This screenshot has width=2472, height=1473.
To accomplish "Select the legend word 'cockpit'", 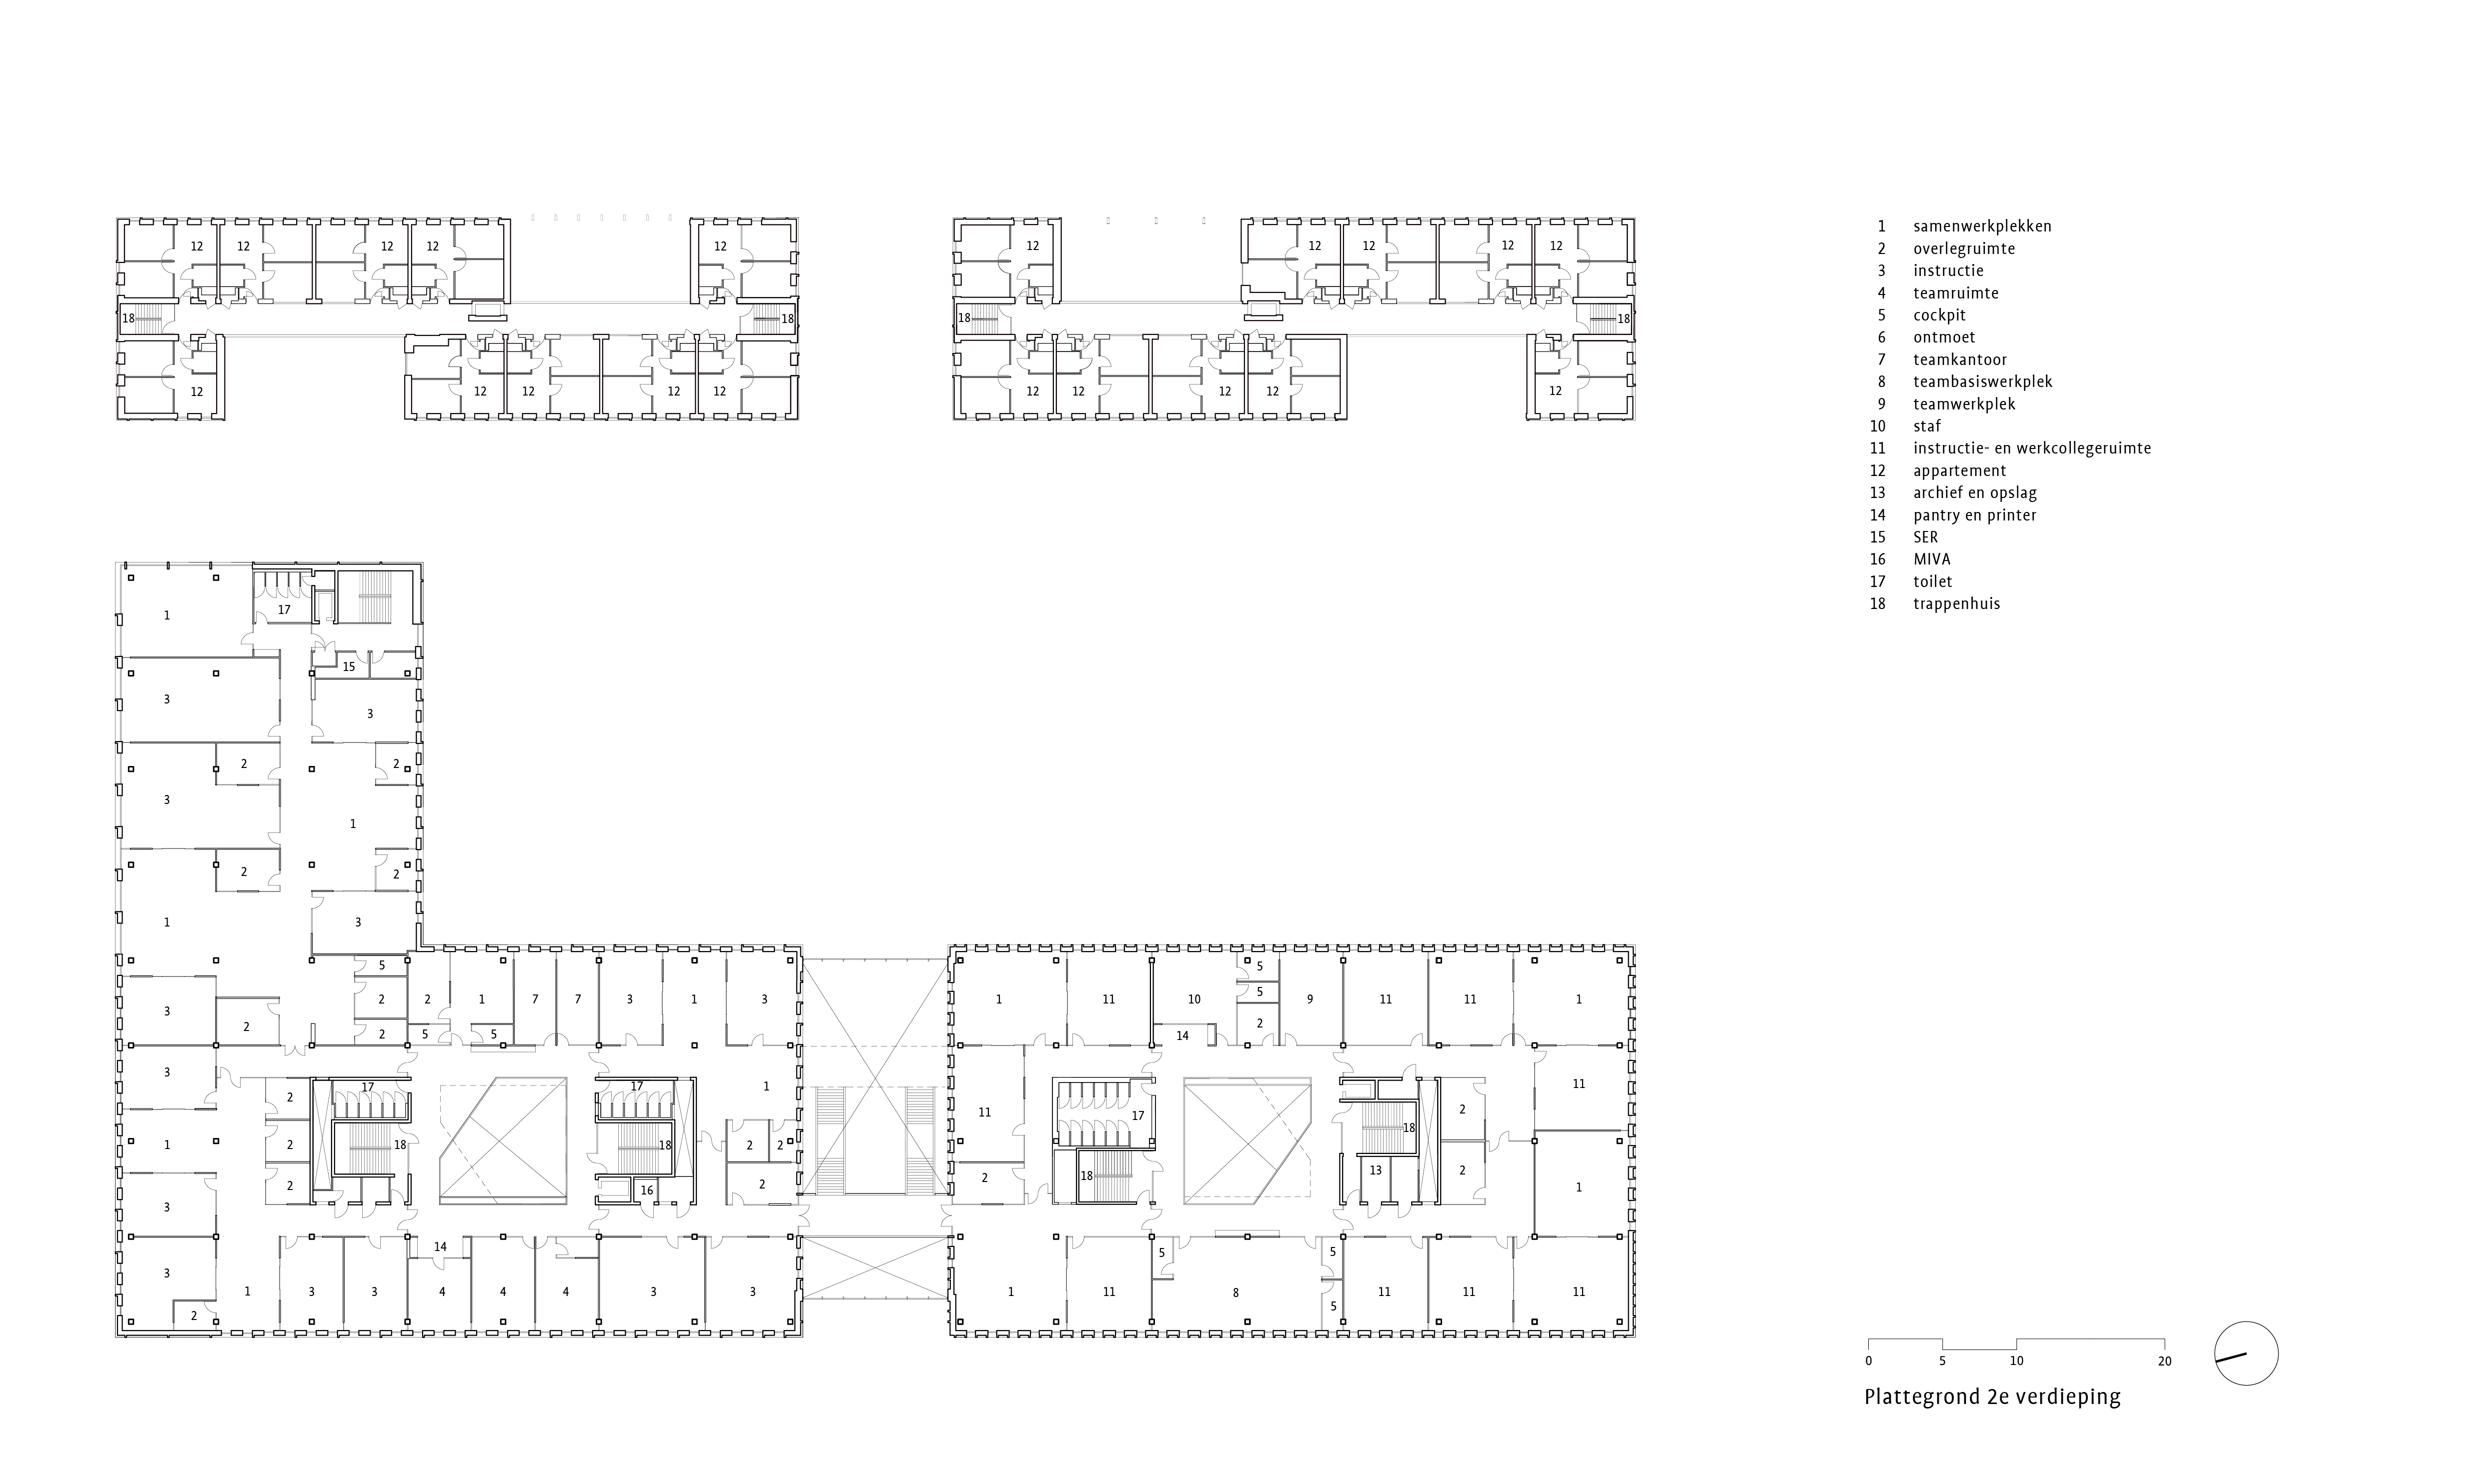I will [x=1939, y=315].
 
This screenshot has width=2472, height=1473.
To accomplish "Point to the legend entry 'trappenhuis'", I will [x=1956, y=603].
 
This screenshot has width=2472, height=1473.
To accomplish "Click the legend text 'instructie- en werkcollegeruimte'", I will [x=2031, y=448].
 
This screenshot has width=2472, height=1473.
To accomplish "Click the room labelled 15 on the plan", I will [x=349, y=667].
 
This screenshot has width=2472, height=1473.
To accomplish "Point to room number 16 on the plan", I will [x=646, y=1190].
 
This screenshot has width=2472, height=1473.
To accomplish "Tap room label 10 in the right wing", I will [x=1194, y=999].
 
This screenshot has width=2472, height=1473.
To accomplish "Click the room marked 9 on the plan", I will [x=1310, y=999].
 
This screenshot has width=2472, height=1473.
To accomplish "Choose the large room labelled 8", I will [x=1235, y=1292].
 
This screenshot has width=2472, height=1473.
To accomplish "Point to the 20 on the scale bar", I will [x=2164, y=1361].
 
